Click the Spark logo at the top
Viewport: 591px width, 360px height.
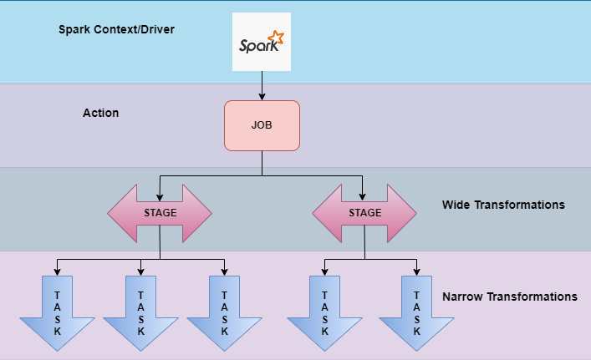pyautogui.click(x=262, y=42)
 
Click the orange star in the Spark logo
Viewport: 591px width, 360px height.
pyautogui.click(x=278, y=38)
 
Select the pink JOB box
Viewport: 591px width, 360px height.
pyautogui.click(x=262, y=125)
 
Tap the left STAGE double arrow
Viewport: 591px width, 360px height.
pyautogui.click(x=160, y=212)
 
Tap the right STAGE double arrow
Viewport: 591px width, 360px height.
pyautogui.click(x=364, y=212)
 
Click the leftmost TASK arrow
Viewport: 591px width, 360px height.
pyautogui.click(x=57, y=313)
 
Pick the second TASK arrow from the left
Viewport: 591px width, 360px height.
pyautogui.click(x=140, y=313)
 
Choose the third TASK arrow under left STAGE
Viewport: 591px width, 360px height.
pyautogui.click(x=224, y=313)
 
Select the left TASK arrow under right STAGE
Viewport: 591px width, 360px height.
pyautogui.click(x=324, y=313)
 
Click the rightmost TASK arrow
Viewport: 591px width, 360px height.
pyautogui.click(x=416, y=313)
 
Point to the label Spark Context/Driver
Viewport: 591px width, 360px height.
pyautogui.click(x=116, y=29)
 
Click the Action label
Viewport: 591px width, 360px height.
pyautogui.click(x=100, y=112)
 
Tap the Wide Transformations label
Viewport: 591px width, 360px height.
pyautogui.click(x=503, y=205)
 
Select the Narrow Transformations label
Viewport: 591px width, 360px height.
pyautogui.click(x=509, y=297)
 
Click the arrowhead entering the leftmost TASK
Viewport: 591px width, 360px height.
pyautogui.click(x=57, y=271)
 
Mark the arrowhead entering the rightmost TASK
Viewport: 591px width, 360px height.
pyautogui.click(x=416, y=271)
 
